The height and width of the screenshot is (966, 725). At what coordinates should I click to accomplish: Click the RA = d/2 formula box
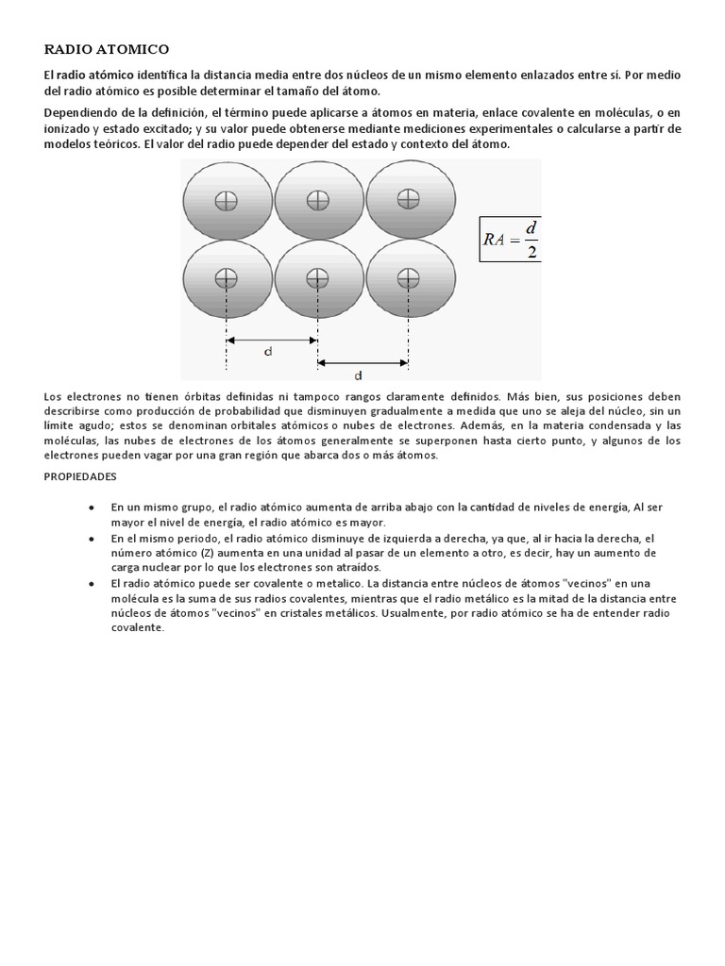tap(511, 239)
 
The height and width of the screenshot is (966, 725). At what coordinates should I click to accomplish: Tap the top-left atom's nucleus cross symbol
tap(226, 200)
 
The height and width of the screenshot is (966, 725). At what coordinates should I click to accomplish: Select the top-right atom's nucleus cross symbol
tap(408, 198)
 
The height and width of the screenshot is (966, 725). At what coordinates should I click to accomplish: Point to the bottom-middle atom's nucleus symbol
tap(317, 277)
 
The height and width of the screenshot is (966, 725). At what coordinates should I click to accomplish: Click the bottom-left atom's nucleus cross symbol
tap(226, 277)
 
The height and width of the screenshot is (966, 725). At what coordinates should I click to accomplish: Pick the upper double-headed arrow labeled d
tap(272, 340)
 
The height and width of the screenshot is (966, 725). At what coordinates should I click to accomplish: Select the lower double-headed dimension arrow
tap(362, 361)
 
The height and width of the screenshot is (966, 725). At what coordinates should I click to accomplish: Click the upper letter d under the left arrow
tap(268, 352)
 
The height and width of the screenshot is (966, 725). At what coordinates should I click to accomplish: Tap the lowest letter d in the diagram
tap(359, 374)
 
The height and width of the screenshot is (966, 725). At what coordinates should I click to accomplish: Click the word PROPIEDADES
tap(80, 476)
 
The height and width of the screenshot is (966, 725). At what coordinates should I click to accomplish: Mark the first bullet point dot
tap(92, 508)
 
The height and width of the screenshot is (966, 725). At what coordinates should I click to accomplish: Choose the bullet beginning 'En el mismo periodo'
tap(92, 538)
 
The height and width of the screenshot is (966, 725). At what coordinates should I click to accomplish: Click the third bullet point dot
tap(92, 584)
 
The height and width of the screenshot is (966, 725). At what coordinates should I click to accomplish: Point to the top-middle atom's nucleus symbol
tap(317, 199)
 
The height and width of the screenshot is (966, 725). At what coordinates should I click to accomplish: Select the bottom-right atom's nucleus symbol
tap(408, 277)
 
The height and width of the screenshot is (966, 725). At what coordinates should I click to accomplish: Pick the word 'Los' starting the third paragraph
tap(54, 397)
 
